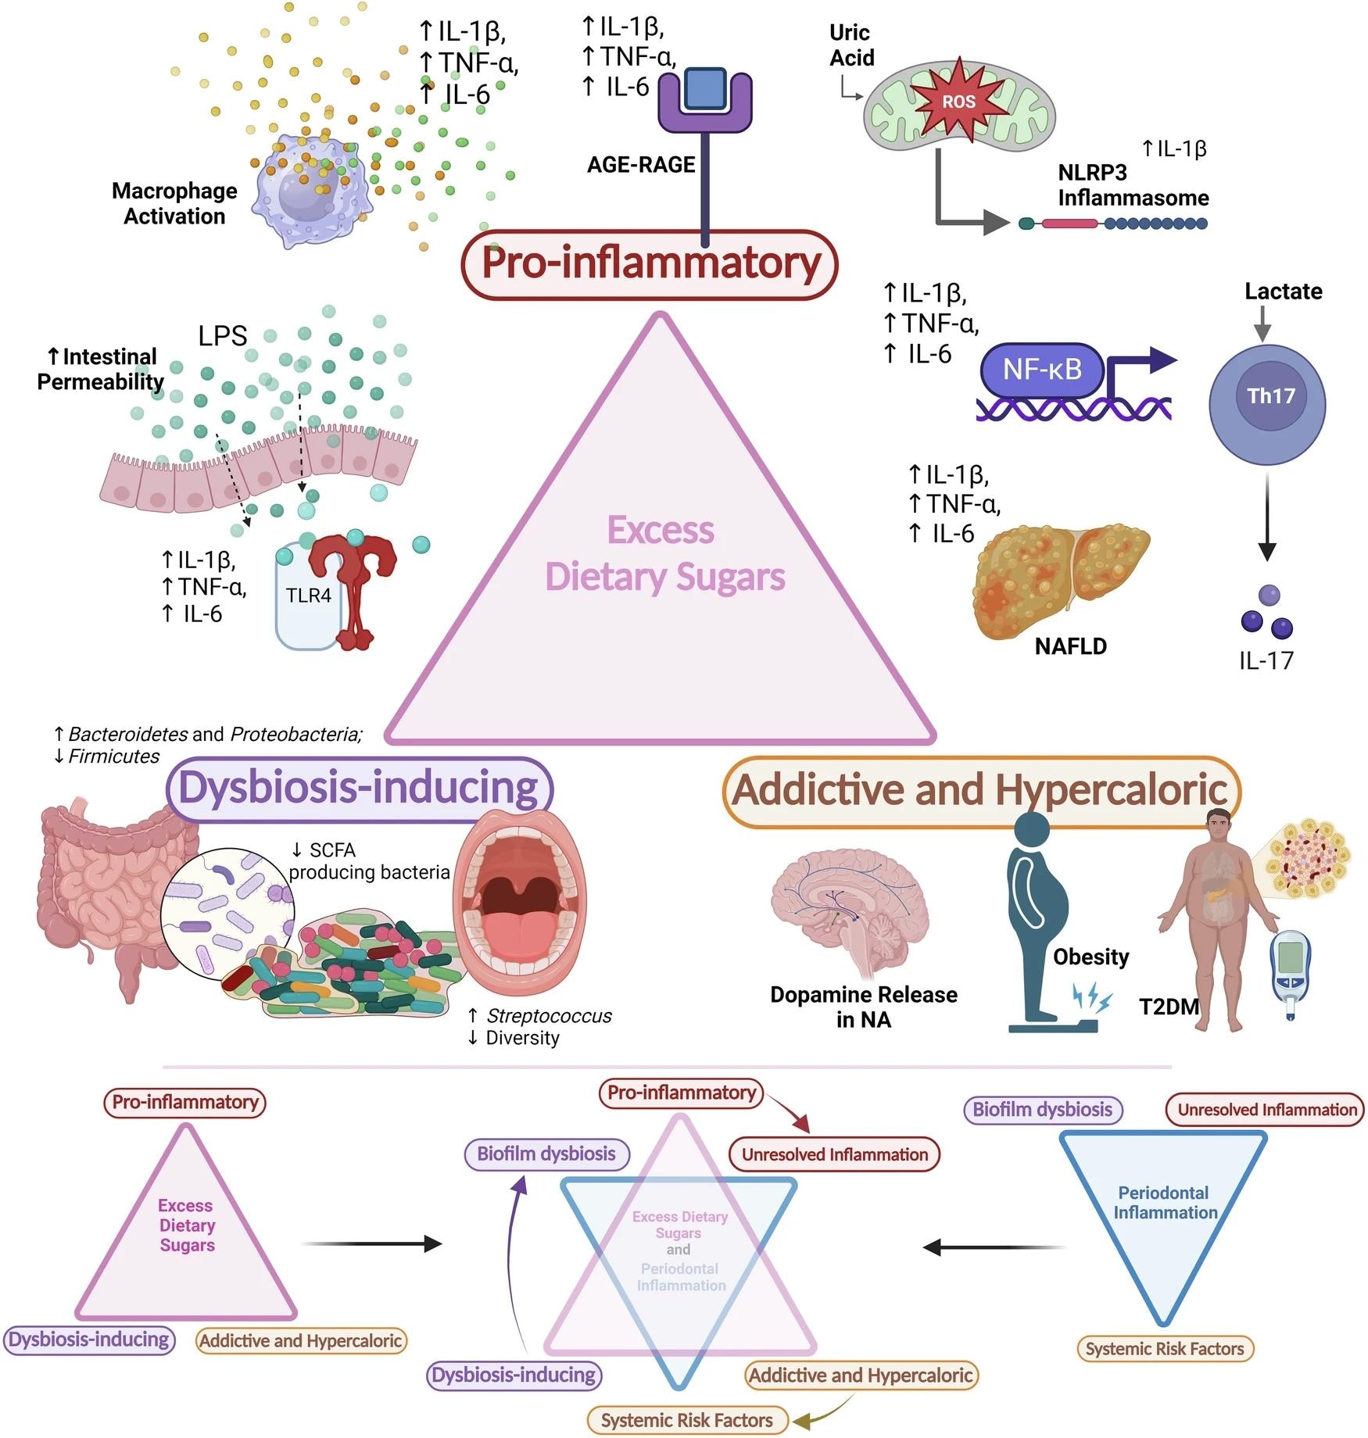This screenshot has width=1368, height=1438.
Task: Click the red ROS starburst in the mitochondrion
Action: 958,102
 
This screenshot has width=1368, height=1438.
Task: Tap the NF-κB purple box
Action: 1042,369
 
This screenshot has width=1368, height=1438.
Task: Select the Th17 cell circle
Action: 1267,404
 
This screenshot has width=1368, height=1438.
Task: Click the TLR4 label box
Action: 308,596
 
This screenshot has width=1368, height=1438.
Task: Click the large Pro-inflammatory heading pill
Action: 650,263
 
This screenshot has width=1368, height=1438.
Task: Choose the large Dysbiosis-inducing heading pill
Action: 359,788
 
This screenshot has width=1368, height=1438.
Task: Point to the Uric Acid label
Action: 851,45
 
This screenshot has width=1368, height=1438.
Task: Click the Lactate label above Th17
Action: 1283,292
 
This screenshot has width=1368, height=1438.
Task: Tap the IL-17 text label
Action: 1266,660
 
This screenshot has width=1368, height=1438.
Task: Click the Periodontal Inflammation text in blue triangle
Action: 1164,1203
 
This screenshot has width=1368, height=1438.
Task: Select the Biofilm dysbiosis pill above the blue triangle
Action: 1042,1110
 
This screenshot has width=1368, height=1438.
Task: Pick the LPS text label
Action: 222,336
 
